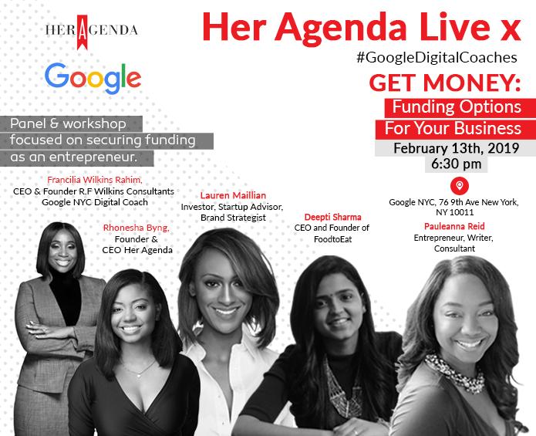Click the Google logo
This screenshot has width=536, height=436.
(x=93, y=78)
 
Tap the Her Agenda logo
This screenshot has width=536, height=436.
(x=92, y=32)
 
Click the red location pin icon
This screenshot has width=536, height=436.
(x=460, y=186)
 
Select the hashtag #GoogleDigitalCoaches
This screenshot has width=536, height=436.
(x=437, y=57)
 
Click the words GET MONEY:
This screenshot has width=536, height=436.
(x=445, y=83)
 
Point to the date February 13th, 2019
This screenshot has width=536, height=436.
(x=456, y=148)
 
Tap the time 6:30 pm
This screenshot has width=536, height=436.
(x=456, y=164)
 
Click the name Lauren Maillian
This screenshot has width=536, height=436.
(x=233, y=195)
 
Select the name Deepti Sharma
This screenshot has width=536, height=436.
(x=332, y=217)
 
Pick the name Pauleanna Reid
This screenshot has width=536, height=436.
(x=454, y=226)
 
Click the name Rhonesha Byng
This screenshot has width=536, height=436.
(x=136, y=228)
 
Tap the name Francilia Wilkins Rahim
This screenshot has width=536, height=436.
(x=95, y=180)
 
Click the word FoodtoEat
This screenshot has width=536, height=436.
(x=332, y=239)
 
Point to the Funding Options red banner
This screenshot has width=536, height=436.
(x=460, y=108)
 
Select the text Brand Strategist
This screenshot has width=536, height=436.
(x=233, y=218)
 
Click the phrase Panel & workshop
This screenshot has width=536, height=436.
(x=68, y=123)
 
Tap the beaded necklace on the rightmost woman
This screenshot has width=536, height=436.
(x=455, y=373)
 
